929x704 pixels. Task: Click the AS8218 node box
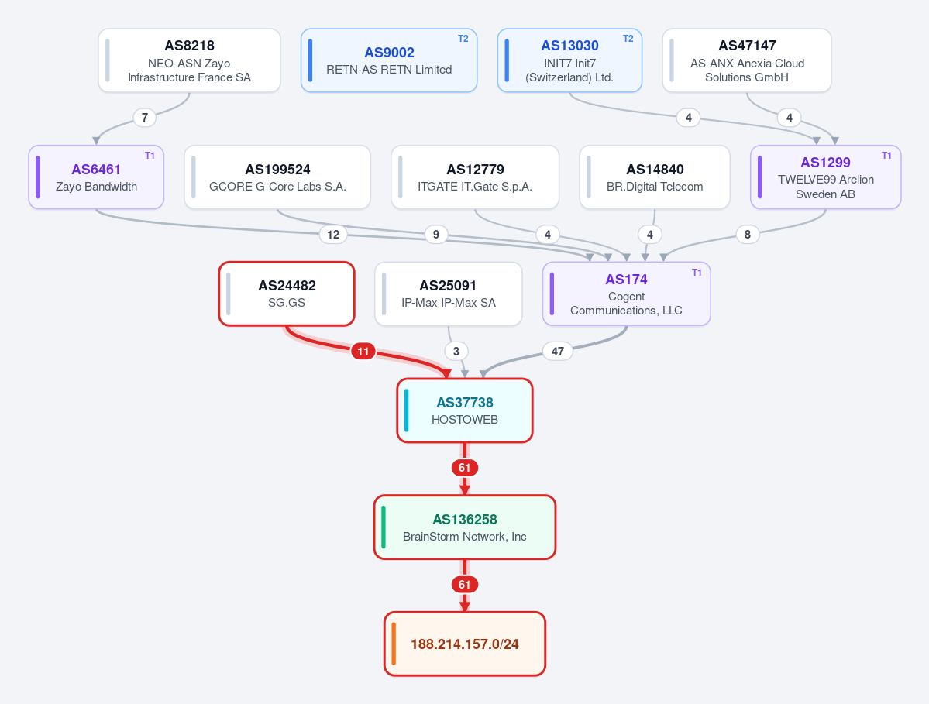[x=190, y=60]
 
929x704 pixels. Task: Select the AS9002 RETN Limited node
[x=389, y=60]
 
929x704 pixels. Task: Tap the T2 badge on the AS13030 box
[x=628, y=39]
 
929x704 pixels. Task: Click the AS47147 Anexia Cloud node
[x=746, y=60]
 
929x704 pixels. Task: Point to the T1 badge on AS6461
[x=150, y=156]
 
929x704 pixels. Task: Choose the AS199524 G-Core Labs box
[x=277, y=177]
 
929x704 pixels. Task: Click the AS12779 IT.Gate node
[x=474, y=177]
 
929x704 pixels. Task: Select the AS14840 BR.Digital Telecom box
[x=655, y=177]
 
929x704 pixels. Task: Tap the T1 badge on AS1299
[x=886, y=156]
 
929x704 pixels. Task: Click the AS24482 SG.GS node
[x=287, y=294]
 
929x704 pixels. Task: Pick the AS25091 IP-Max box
[x=449, y=294]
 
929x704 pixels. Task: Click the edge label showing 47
[x=558, y=351]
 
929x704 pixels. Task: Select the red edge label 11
[x=363, y=351]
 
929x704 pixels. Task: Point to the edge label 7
[x=145, y=117]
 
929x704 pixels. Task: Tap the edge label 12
[x=333, y=235]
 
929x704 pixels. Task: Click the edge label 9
[x=436, y=235]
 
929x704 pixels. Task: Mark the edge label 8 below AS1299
[x=748, y=235]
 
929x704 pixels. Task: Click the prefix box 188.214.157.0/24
[x=465, y=644]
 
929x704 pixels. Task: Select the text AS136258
[x=465, y=519]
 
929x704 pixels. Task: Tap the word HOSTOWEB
[x=465, y=419]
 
